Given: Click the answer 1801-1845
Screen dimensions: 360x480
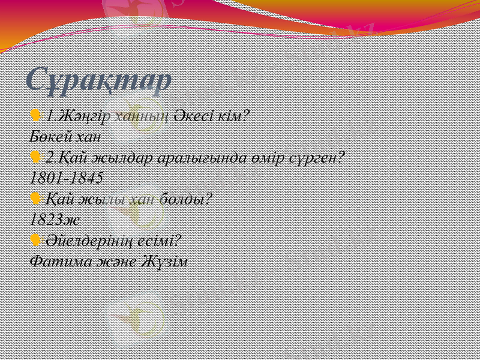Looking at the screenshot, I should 66,178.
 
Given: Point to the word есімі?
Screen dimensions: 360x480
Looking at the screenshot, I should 158,240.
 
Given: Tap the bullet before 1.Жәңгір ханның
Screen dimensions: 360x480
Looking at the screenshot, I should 35,115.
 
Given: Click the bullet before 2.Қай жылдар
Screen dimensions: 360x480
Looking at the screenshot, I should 35,157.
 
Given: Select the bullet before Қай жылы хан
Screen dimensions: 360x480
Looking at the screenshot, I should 35,198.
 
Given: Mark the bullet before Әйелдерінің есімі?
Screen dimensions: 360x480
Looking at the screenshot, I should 35,240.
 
